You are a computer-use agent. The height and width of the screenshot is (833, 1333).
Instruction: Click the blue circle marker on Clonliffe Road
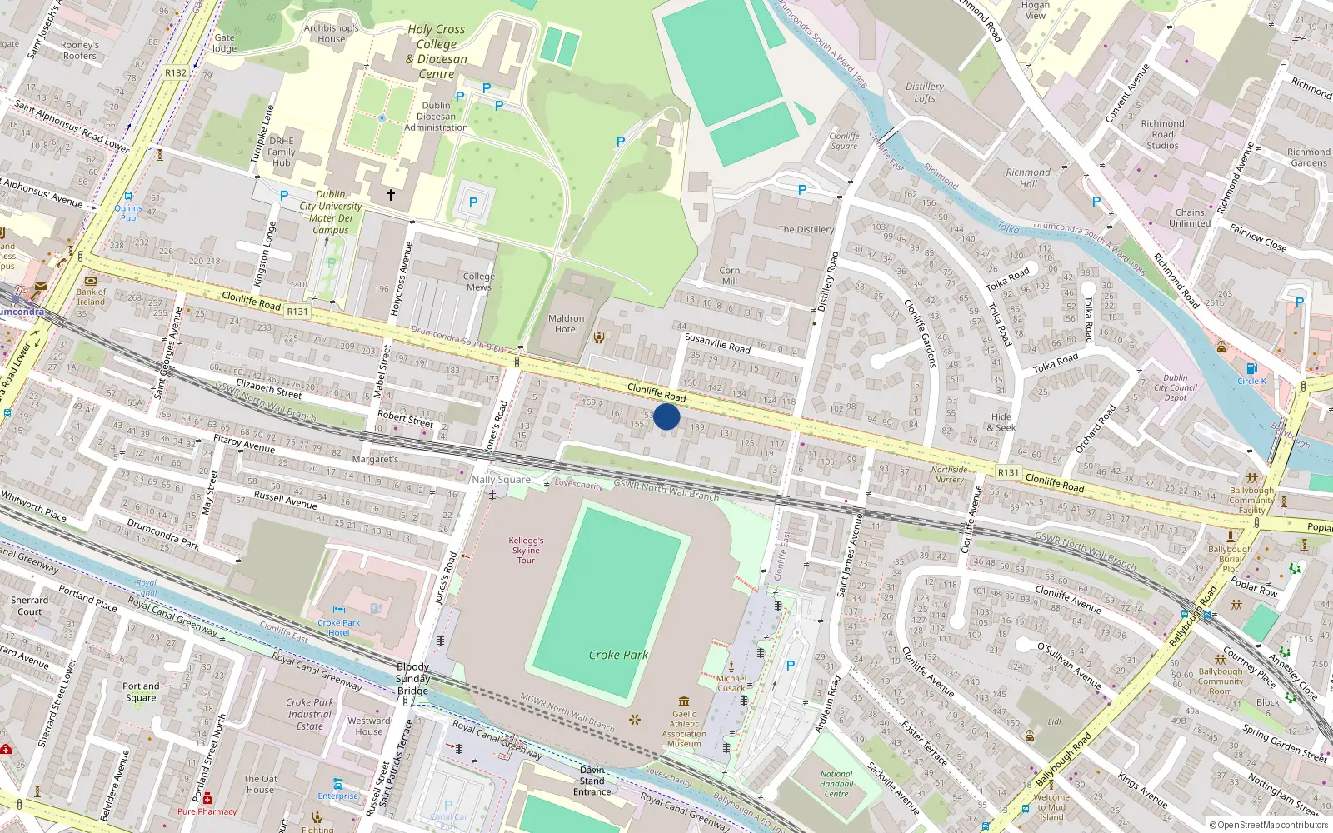tap(666, 416)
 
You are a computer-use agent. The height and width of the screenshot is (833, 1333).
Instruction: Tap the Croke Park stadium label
tap(618, 655)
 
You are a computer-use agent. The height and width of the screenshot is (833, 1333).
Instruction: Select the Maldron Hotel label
tap(567, 324)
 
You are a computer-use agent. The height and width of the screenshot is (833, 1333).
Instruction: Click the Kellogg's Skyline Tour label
tap(526, 550)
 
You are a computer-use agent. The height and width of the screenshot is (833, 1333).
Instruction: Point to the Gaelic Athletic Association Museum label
tap(685, 728)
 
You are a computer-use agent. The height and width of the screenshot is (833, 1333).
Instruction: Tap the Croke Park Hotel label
tap(339, 627)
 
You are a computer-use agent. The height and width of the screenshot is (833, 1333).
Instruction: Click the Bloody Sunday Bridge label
tap(413, 678)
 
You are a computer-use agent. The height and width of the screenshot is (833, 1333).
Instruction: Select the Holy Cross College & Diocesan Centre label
tap(437, 52)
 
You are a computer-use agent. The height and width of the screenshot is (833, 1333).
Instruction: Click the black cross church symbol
tap(390, 194)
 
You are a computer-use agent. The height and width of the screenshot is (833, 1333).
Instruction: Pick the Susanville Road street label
tap(717, 342)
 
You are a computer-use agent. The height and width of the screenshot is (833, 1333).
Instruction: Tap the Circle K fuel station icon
tap(1251, 369)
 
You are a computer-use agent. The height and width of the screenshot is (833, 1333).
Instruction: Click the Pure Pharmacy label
tap(207, 811)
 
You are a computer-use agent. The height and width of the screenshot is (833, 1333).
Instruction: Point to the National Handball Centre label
tap(836, 783)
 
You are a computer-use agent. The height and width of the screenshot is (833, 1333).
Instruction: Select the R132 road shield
tap(176, 72)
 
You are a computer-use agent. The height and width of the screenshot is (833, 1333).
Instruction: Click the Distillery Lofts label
tap(925, 92)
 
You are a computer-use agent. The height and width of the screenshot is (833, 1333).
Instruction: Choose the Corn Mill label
tap(730, 276)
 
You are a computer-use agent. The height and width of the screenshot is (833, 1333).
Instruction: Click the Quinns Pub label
tap(128, 212)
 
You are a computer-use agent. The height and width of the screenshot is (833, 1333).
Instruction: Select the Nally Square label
tap(501, 480)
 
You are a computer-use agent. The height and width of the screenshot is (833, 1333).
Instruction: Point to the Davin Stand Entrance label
tap(592, 781)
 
